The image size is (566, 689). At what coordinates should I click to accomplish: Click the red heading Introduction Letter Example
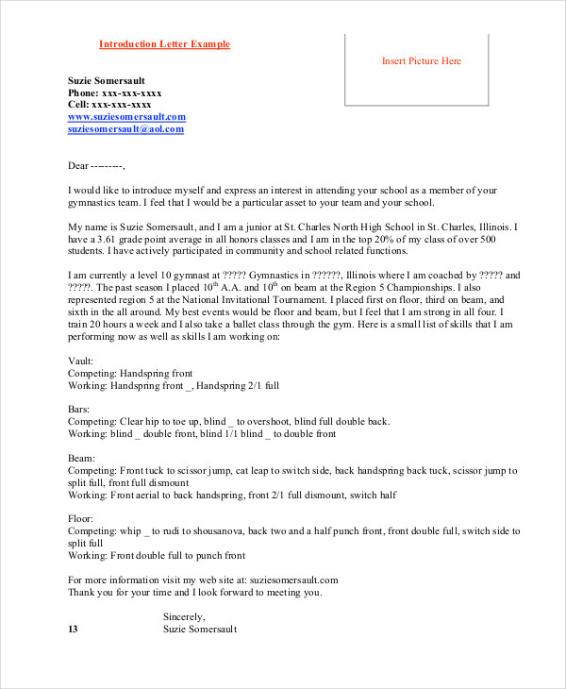point(164,44)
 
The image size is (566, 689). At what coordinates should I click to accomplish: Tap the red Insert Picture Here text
point(421,61)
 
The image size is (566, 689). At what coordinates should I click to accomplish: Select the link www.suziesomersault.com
point(126,117)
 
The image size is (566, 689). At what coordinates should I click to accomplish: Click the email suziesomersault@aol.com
point(125,128)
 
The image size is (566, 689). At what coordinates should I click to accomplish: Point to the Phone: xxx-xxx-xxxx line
point(115,93)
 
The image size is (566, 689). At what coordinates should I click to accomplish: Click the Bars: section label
point(79,409)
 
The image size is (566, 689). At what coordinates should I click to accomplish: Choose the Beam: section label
point(81,457)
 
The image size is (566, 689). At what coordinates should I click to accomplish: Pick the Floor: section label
point(81,518)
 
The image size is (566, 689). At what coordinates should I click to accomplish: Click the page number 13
point(74,629)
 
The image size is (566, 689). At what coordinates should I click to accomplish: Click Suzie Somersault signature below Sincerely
point(200,629)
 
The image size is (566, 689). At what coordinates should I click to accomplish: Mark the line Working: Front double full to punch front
point(157,556)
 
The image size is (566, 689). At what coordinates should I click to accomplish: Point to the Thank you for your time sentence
point(194,593)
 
